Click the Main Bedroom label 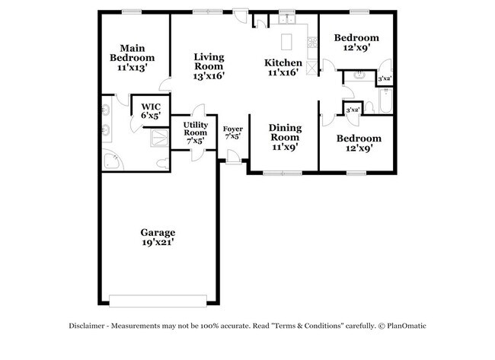[x=132, y=57]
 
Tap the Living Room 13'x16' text [x=209, y=66]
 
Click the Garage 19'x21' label [x=158, y=237]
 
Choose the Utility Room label [x=195, y=132]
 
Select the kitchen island [x=288, y=40]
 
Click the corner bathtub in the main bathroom [x=112, y=161]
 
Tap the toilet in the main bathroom [x=161, y=163]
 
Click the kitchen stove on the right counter [x=311, y=65]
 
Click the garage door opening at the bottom [x=158, y=298]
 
